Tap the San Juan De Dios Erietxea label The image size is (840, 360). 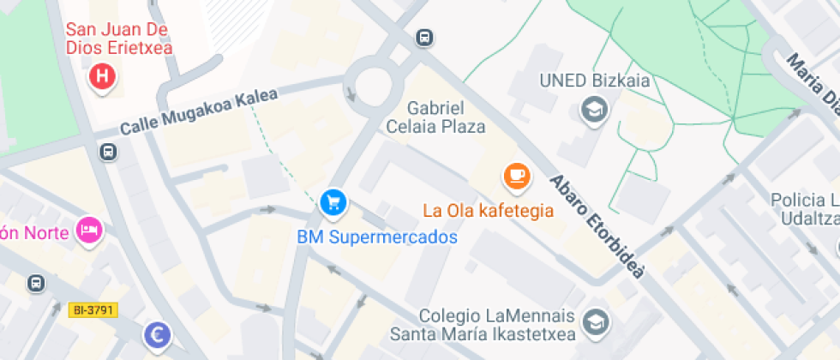coord(120,38)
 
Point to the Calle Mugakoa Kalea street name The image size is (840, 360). coord(199,112)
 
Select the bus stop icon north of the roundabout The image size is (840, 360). coord(423,38)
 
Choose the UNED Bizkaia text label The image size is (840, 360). coord(594,81)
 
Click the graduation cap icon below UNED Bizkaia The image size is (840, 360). coord(593,110)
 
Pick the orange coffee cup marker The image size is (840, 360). coord(516,177)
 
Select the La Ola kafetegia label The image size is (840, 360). coord(488,209)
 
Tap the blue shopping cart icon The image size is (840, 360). coord(333,203)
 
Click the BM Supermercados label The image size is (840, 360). coord(377,237)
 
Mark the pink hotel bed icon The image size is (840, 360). coord(89,230)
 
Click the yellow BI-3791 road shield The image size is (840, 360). coord(94,309)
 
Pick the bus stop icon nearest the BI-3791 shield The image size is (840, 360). coord(36,283)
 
